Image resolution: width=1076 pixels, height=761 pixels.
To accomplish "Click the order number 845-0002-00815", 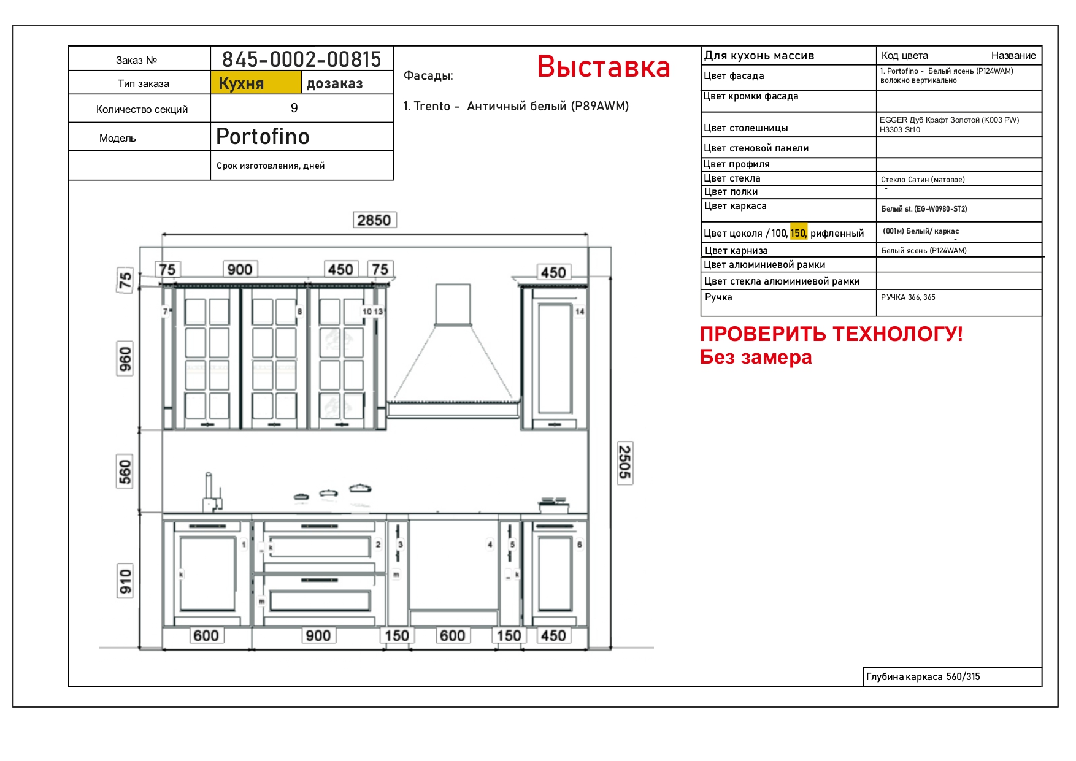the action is pos(301,59).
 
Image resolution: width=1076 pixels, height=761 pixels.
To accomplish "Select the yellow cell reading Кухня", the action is pos(256,83).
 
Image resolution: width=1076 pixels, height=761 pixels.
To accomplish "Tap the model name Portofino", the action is pos(263,137).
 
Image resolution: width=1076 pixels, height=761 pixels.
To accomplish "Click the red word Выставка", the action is pos(604,66).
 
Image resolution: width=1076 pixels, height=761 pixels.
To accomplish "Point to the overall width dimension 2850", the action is pos(374,220).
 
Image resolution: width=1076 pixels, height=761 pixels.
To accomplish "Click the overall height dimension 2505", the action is pos(624,462).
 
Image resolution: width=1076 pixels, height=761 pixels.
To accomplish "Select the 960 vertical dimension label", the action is pos(125,360).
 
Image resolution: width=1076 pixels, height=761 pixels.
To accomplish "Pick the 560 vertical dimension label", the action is pos(125,472).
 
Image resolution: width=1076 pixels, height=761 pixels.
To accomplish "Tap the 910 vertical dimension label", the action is pos(125,581).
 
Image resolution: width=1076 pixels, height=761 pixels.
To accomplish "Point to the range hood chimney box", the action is pos(453,304).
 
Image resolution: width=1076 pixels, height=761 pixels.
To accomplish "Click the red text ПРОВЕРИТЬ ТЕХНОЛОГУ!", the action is pos(831,334).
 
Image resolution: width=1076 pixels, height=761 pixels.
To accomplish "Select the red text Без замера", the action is pos(756,357).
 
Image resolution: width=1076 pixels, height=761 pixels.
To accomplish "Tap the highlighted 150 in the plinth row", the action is pos(798,233).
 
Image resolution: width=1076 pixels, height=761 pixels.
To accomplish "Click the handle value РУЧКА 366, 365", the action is pos(908,297).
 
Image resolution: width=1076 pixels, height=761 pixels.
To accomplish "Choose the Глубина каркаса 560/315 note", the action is pos(923,677).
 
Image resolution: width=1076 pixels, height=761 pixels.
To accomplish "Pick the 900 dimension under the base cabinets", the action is pos(318,636).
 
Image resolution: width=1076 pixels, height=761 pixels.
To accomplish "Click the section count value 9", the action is pos(294,109).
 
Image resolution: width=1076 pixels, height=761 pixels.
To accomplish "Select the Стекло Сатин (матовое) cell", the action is pos(923,180).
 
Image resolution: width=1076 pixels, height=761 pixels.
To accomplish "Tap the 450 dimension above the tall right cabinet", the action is pos(553,272).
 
